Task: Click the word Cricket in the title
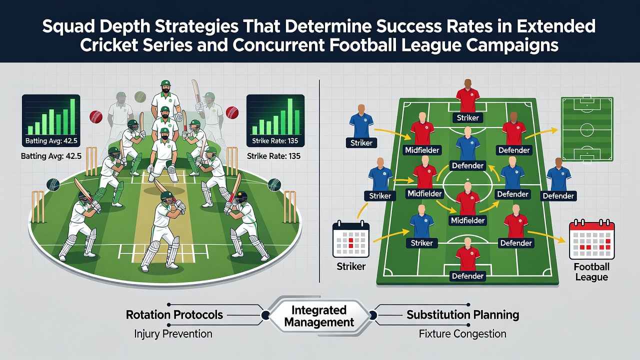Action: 108,45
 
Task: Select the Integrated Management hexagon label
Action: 319,316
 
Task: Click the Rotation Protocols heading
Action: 174,315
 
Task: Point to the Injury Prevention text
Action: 173,333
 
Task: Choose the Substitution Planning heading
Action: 463,315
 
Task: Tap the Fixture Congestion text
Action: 462,333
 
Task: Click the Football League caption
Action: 591,272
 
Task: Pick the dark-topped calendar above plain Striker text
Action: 351,239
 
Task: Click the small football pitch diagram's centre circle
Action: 587,130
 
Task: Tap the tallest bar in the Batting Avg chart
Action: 72,116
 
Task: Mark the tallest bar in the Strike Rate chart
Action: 290,116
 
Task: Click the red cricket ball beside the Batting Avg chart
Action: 96,117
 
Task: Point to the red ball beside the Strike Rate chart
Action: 232,113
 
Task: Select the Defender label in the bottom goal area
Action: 467,276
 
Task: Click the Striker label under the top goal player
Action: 467,117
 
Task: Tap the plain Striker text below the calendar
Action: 351,266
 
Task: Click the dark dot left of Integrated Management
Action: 265,315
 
